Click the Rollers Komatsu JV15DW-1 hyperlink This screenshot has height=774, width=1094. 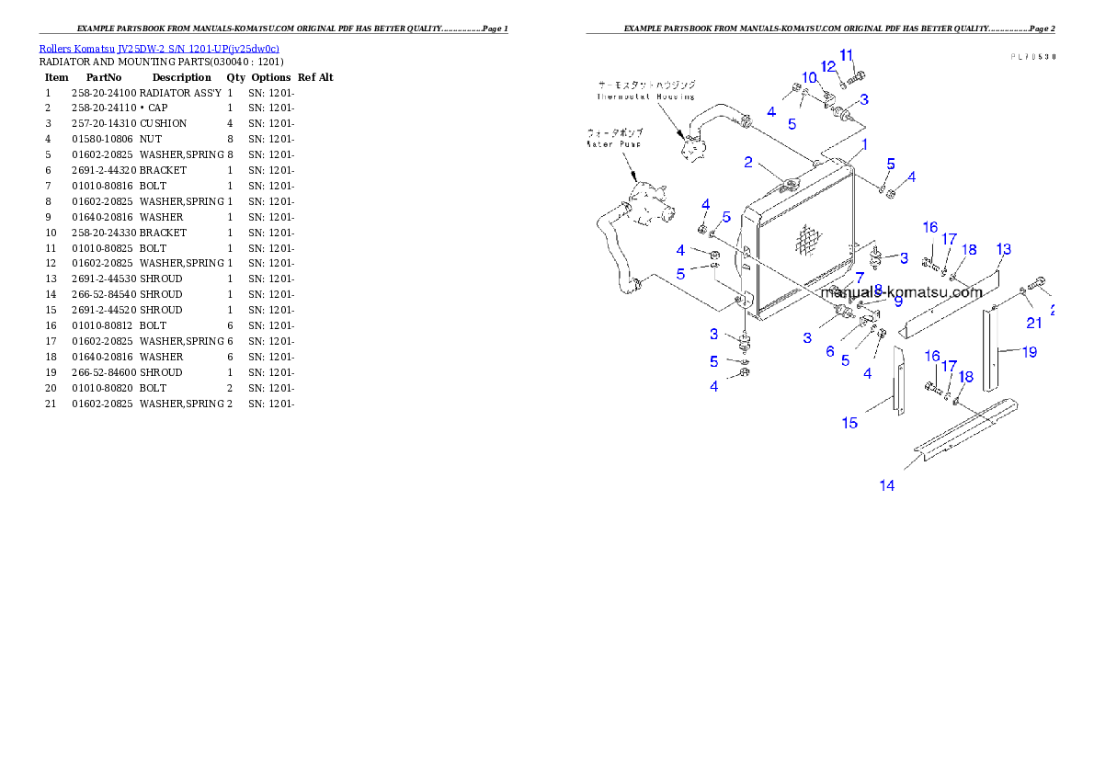tap(158, 48)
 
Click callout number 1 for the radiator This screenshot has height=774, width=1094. tap(864, 145)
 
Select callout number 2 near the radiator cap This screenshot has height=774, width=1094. tap(749, 163)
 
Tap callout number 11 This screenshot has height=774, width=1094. tap(847, 54)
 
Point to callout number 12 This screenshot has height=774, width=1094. tap(828, 66)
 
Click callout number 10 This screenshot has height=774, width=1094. tap(809, 77)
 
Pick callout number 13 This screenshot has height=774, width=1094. tap(1004, 249)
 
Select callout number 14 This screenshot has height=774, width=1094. tap(886, 485)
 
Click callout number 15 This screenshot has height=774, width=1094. tap(850, 423)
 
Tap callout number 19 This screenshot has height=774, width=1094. tap(1030, 351)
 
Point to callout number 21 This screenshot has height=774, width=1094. tap(1034, 323)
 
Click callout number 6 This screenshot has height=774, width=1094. tap(830, 351)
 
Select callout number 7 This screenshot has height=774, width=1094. tap(860, 277)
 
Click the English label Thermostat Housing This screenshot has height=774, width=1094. tap(645, 96)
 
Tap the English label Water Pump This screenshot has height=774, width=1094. tap(614, 143)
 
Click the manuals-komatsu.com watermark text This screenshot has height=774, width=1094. tap(902, 292)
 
